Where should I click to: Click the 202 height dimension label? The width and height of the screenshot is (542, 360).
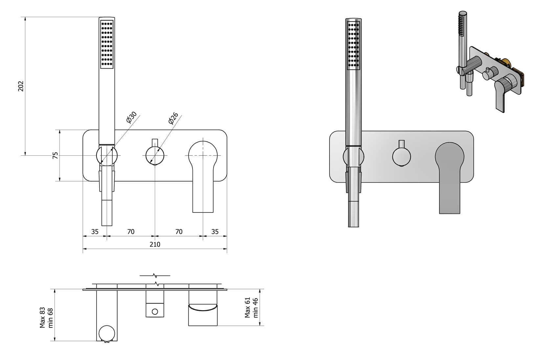click(21, 86)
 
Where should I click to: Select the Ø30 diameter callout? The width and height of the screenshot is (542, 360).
click(131, 117)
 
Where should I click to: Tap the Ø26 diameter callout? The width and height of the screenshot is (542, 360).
click(173, 118)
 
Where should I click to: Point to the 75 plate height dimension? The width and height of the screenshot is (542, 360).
click(56, 155)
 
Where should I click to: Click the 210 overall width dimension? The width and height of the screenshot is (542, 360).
click(155, 244)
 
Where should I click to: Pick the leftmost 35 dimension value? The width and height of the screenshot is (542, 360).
click(95, 232)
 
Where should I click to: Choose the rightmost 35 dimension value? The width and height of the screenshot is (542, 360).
click(215, 232)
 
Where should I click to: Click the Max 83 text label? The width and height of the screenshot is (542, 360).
click(43, 318)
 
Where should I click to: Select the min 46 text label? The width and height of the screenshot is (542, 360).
click(256, 307)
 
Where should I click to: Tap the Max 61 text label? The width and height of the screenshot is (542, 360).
click(248, 307)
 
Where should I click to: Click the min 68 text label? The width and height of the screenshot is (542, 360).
click(51, 318)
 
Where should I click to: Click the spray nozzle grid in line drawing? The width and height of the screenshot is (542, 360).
click(107, 44)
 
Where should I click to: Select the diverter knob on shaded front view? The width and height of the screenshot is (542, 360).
click(401, 156)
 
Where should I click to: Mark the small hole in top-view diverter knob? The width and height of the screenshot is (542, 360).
click(155, 311)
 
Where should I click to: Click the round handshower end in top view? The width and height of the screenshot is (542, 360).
click(107, 333)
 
